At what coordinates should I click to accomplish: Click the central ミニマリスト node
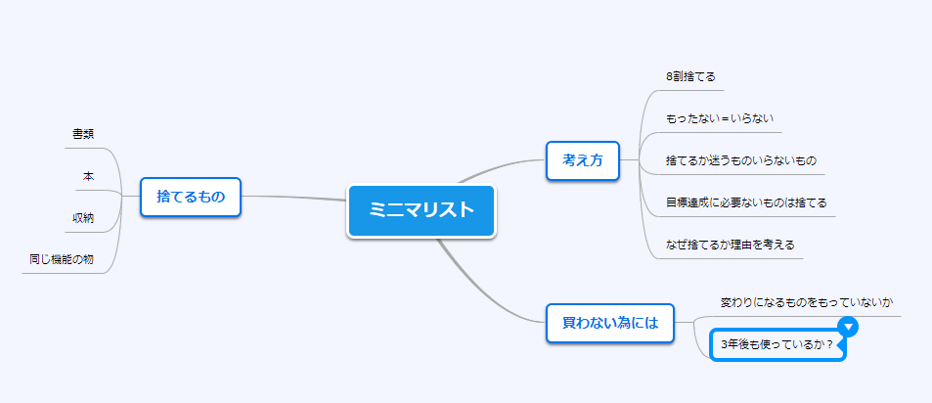421,211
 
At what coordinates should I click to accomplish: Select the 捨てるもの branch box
190,197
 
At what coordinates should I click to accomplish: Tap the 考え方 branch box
583,160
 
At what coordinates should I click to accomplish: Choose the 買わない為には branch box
610,324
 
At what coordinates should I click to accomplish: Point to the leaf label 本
88,176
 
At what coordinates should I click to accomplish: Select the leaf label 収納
82,218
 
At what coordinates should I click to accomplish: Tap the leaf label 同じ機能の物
62,260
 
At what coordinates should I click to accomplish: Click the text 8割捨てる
690,76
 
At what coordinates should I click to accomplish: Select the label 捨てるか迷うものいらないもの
741,160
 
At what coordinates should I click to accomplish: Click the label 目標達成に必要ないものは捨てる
746,202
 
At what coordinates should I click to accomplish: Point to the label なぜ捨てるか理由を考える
731,245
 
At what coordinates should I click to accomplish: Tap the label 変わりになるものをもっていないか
807,302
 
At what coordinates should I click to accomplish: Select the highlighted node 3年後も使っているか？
777,344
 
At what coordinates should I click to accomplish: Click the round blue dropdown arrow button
849,326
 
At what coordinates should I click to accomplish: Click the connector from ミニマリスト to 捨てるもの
294,198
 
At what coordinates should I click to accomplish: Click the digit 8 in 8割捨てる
669,76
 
